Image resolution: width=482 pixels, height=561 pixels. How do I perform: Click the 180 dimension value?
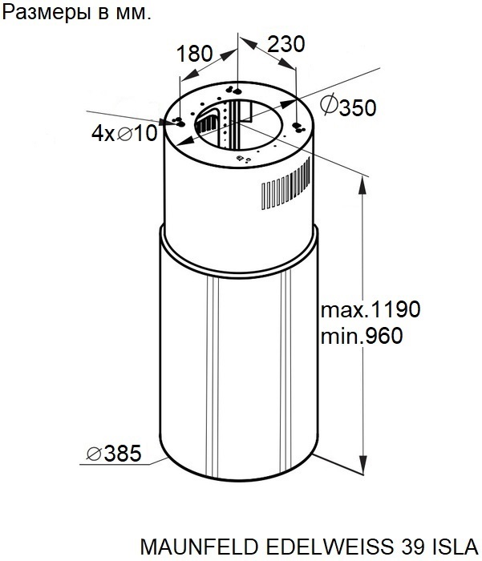[194, 54]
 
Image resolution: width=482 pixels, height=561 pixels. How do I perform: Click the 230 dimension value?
[286, 44]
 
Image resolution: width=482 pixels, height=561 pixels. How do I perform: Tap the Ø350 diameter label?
[348, 106]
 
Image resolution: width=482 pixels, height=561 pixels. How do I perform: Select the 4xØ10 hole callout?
[124, 133]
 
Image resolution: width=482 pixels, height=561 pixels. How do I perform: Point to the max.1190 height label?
[371, 309]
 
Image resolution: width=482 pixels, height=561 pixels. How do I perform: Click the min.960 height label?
[362, 337]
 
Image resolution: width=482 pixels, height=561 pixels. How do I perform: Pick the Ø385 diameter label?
[114, 454]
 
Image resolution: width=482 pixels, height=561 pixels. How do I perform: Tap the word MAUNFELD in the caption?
[199, 547]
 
